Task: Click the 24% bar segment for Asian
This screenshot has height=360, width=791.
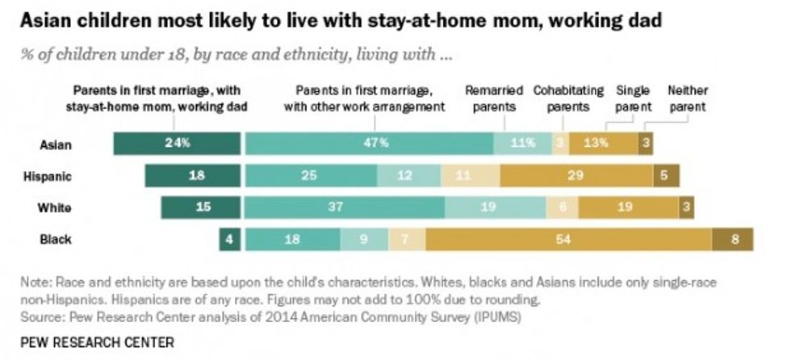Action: click(178, 143)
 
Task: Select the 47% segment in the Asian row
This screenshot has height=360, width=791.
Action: click(369, 143)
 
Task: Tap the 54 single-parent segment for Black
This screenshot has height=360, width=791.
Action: click(568, 240)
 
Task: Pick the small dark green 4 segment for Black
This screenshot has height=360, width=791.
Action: click(229, 240)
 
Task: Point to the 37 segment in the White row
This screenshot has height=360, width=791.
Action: click(344, 207)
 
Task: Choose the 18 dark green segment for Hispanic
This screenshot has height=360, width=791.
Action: click(193, 175)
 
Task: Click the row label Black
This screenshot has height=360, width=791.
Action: click(56, 240)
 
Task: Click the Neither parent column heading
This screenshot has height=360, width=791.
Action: click(686, 98)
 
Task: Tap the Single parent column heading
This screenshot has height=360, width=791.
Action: click(634, 98)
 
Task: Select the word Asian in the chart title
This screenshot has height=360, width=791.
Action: click(47, 20)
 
